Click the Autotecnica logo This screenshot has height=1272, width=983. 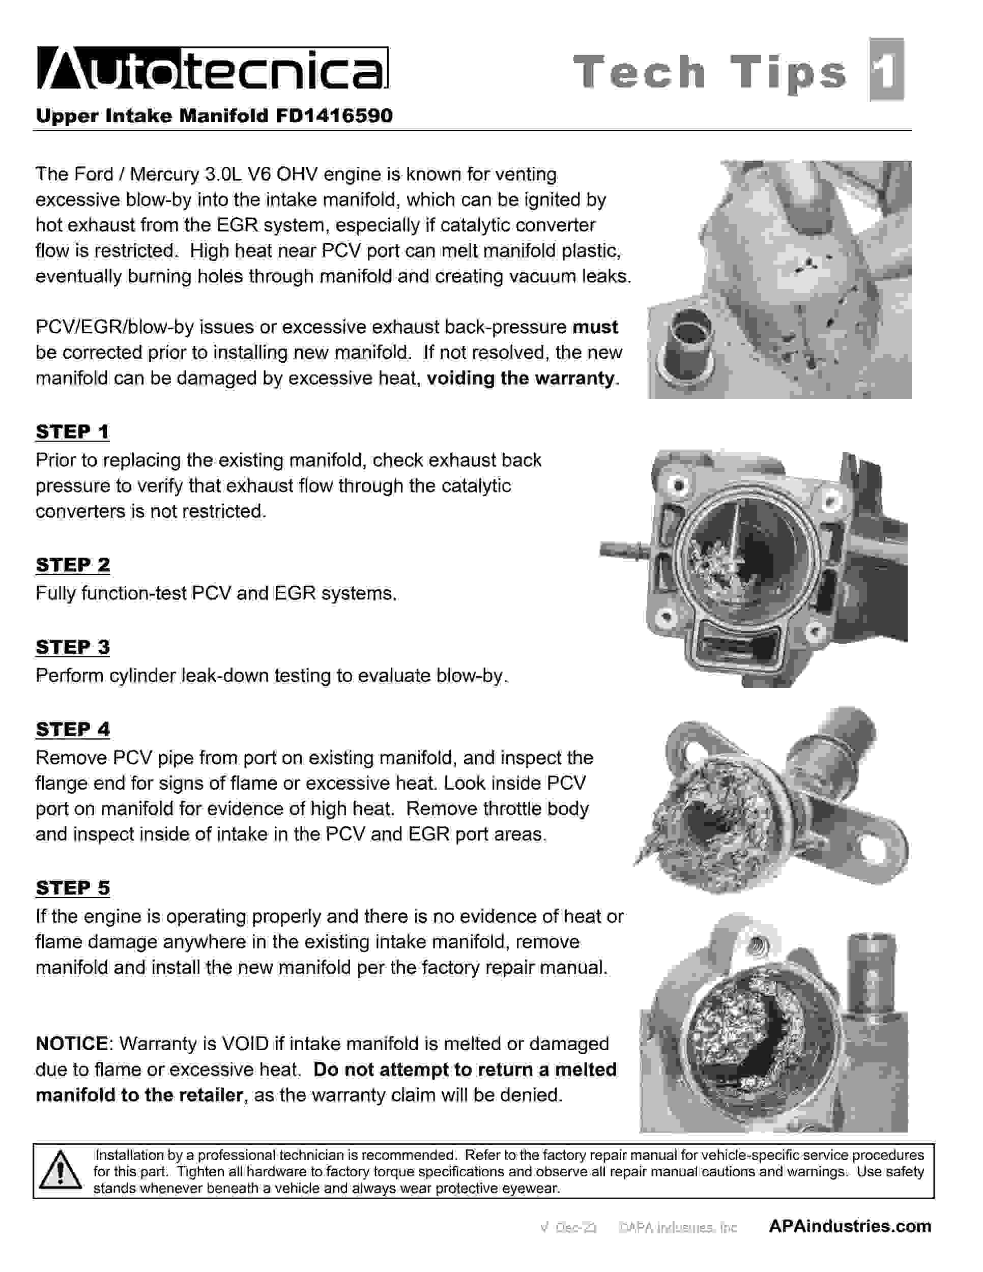coord(213,69)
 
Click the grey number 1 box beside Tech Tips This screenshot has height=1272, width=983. coord(886,70)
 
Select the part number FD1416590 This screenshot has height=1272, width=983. coord(334,116)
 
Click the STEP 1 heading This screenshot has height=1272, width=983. coord(72,431)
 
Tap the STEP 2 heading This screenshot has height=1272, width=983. coord(72,564)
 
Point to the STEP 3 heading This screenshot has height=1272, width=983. coord(72,647)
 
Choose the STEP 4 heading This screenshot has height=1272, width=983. coord(72,729)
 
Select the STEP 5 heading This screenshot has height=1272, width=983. coord(72,888)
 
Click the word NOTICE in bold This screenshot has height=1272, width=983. coord(72,1044)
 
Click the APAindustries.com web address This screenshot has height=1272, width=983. coord(850,1226)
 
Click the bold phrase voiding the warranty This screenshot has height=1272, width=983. coord(521,378)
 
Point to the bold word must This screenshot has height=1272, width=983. coord(595,327)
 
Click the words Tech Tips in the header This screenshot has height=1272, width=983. coord(710,72)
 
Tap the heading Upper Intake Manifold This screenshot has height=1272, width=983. coord(152,116)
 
